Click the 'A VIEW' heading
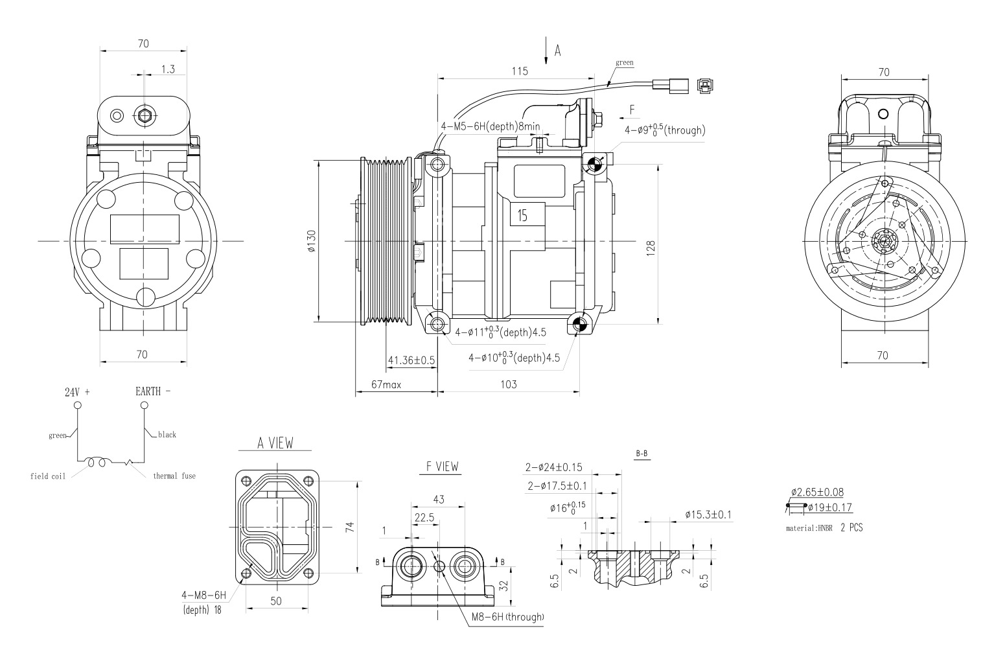275,443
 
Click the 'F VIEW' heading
441,467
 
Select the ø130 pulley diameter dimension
312,241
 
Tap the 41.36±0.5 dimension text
411,360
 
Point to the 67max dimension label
386,384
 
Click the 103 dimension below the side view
509,384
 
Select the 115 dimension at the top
519,71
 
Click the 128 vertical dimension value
651,247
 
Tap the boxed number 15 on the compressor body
522,215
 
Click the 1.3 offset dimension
167,69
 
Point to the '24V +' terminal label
77,392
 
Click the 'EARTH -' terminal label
153,391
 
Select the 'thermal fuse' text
174,476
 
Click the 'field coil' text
48,476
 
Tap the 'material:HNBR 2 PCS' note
824,527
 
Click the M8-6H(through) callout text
507,617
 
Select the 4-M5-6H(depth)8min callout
490,126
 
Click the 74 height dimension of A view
350,526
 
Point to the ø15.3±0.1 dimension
708,515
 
